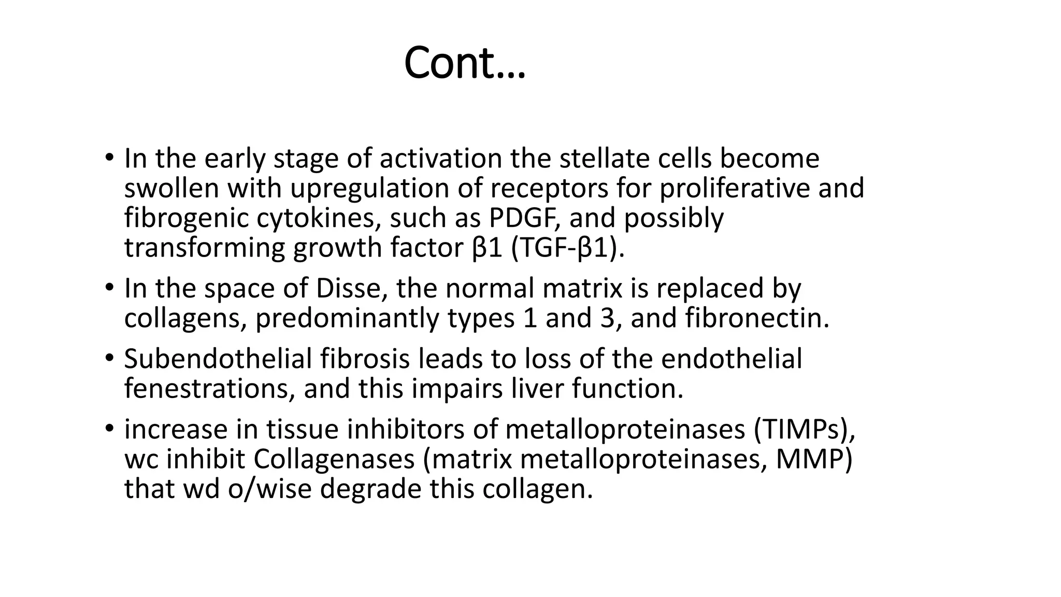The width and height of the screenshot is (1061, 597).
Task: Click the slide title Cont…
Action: coord(464,63)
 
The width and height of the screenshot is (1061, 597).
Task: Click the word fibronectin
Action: coord(757,318)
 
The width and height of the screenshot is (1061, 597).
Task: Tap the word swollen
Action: coord(171,189)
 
